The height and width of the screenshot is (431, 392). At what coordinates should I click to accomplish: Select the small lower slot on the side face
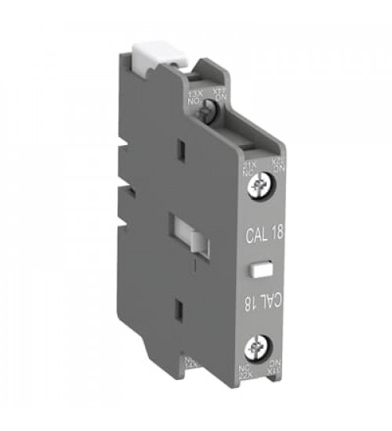coord(178,312)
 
